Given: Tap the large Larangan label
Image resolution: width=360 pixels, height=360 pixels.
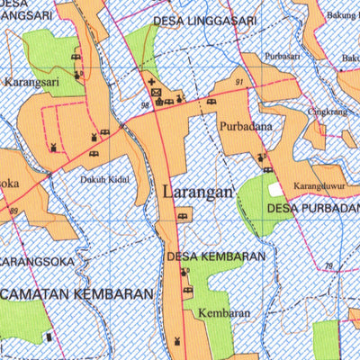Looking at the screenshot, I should (199, 191).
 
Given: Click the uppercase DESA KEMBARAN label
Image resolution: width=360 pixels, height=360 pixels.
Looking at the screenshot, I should (216, 256).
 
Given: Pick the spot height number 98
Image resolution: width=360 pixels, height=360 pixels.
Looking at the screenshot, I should (145, 106).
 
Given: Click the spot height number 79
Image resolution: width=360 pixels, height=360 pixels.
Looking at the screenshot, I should (328, 265).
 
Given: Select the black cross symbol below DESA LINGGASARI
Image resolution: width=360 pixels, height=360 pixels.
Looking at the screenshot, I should (152, 82).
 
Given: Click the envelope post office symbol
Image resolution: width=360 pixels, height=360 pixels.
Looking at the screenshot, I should (155, 92).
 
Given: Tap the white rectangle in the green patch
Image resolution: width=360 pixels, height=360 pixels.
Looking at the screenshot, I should (274, 190).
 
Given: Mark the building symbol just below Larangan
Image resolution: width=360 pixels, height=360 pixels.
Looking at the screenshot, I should (184, 215).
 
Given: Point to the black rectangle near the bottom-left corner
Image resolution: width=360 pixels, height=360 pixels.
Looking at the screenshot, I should (49, 337).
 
